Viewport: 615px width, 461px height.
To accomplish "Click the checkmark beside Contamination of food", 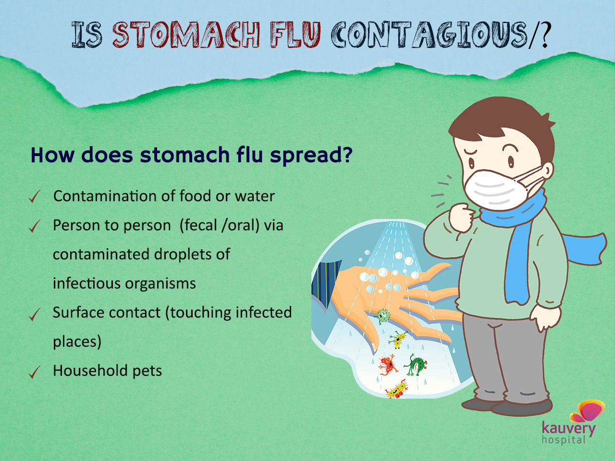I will [x=35, y=196].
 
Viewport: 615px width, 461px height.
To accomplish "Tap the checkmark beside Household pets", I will [x=35, y=372].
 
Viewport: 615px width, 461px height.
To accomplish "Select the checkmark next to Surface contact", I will [x=35, y=315].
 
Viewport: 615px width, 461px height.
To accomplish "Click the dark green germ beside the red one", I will [x=416, y=364].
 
